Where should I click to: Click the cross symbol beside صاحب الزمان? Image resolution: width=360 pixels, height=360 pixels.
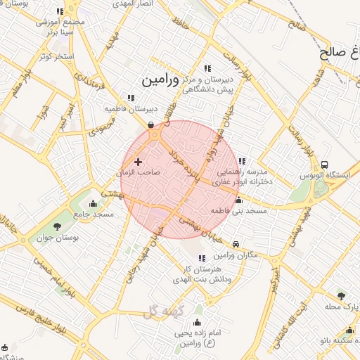point(138,162)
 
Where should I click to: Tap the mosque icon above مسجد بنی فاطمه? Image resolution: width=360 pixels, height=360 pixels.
point(238,200)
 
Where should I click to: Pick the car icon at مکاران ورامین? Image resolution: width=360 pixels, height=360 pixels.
point(236,244)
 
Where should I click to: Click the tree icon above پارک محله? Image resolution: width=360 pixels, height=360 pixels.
point(341,296)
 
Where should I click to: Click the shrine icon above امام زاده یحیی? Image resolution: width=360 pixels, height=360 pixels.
point(196,323)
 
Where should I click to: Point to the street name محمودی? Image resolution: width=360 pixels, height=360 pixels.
point(102,128)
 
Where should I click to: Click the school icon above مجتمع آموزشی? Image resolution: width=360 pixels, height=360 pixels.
point(60,12)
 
